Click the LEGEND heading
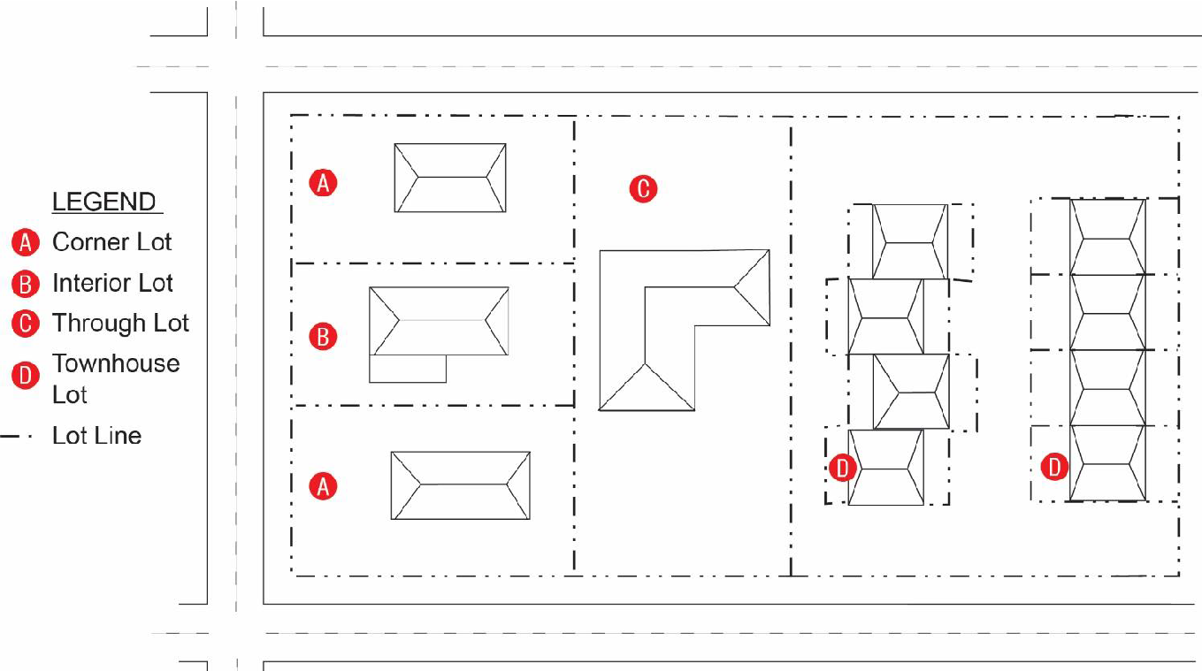(103, 202)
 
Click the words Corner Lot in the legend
(111, 242)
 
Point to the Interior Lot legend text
(112, 283)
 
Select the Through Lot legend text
(120, 324)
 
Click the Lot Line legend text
(96, 436)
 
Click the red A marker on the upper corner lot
(323, 183)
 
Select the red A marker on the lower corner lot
(323, 485)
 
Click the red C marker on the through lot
(643, 188)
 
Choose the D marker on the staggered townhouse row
(843, 468)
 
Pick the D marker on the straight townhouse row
(1053, 466)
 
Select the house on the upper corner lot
(450, 178)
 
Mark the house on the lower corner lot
(460, 485)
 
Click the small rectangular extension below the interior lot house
(407, 370)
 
